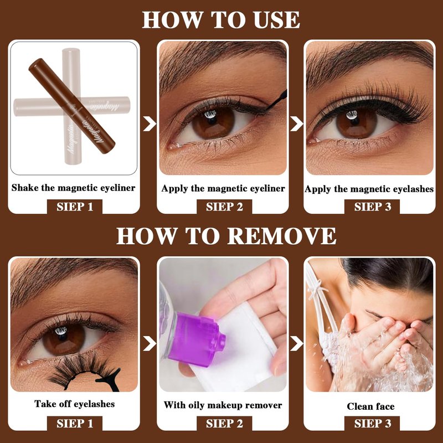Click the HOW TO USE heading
pos(221,20)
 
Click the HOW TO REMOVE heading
pos(226,236)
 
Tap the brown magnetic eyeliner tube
pos(72,106)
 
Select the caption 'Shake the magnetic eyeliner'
pos(73,188)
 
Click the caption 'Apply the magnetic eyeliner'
pos(223,188)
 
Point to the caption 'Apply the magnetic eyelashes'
pos(369,189)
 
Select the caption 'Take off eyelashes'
pos(74,404)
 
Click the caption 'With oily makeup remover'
pos(223,405)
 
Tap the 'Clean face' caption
pos(370,406)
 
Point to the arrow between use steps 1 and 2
pos(149,123)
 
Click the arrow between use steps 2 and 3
pos(296,123)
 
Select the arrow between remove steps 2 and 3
pos(296,343)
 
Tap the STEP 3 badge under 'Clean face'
pos(372,424)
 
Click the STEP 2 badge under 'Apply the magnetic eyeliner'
pos(224,207)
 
